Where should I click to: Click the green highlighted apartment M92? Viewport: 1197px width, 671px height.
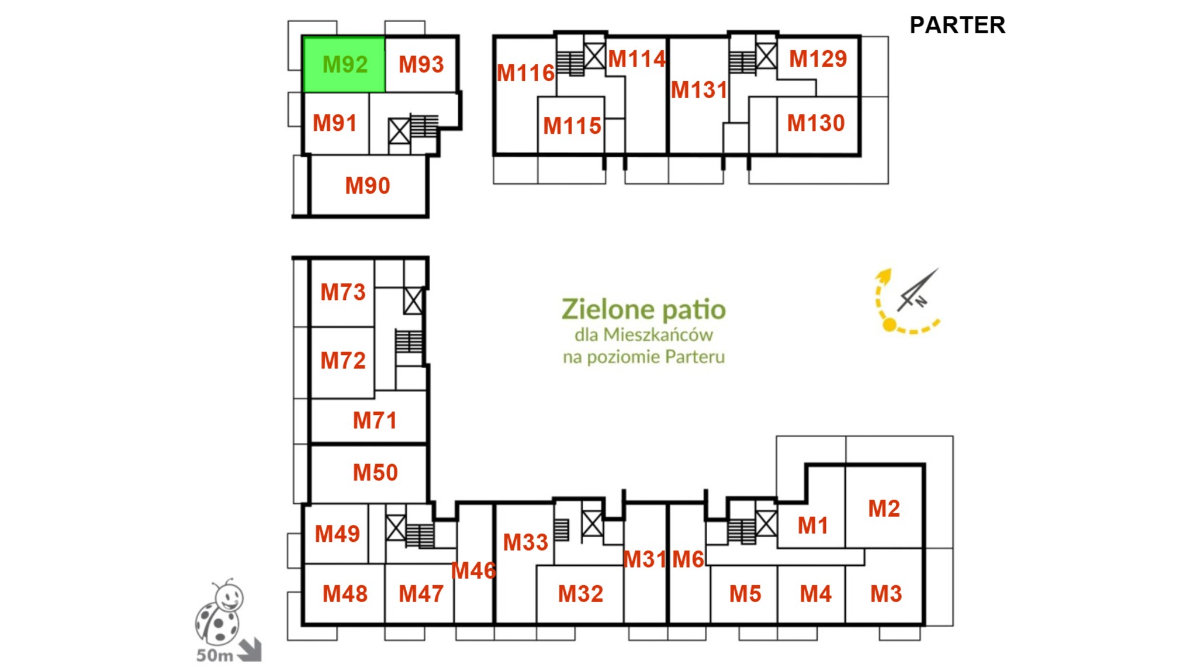coord(344,64)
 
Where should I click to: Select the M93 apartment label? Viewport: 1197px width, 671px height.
coord(421,64)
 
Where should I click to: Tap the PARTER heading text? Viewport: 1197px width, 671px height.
coord(957,25)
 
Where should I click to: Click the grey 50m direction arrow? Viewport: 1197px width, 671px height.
coord(250,650)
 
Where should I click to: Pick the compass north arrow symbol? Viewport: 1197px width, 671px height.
coord(918,290)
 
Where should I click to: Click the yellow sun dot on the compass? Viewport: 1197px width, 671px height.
coord(889,325)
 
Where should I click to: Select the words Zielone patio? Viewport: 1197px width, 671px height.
coord(644,310)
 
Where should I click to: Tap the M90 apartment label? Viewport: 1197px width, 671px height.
coord(367,186)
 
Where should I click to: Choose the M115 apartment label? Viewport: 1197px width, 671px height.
coord(572,126)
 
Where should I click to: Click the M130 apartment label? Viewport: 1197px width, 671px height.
coord(816,123)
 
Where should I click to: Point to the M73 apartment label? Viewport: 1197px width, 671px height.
coord(343,292)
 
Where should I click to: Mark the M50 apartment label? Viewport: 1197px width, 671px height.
coord(375,472)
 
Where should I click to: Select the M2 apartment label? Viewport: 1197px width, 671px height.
coord(884,509)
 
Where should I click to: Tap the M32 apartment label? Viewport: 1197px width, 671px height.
coord(580,594)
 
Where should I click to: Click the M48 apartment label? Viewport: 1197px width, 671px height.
coord(345,594)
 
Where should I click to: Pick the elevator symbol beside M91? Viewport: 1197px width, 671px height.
coord(399,131)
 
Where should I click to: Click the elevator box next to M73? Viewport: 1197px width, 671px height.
coord(413,301)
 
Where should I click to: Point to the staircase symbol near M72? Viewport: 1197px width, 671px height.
coord(409,341)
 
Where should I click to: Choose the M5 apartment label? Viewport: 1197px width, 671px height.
coord(745,594)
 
